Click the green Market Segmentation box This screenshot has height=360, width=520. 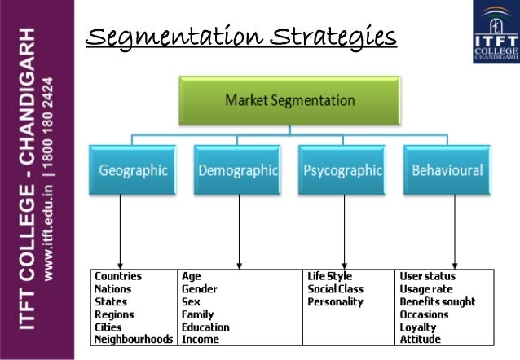click(x=289, y=102)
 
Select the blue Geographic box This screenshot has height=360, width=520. click(x=133, y=171)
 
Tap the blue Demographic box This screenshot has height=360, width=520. click(x=237, y=171)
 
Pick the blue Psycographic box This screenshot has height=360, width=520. click(x=342, y=171)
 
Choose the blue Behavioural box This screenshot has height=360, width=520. click(x=447, y=171)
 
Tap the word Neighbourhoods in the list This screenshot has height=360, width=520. click(x=134, y=339)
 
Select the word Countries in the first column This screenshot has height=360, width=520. click(x=118, y=276)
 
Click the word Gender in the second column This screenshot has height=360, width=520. click(x=200, y=289)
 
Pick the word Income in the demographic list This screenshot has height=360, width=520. click(x=200, y=339)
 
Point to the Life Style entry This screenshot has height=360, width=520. click(x=329, y=276)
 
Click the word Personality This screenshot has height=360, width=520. click(x=335, y=301)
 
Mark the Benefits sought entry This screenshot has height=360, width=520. click(x=437, y=301)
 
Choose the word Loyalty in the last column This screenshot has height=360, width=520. click(x=418, y=327)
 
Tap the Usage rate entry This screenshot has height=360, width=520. click(x=425, y=289)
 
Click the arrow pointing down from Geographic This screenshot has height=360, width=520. click(x=121, y=232)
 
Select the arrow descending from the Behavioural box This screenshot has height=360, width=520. click(x=454, y=232)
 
